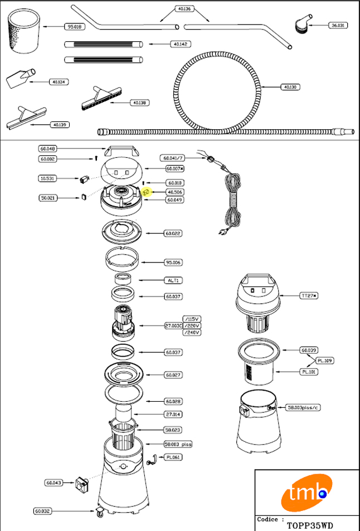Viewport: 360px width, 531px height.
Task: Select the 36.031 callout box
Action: [x=338, y=25]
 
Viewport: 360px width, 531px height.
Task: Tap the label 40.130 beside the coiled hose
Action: [x=290, y=87]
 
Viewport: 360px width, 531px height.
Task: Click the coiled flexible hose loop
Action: [x=218, y=89]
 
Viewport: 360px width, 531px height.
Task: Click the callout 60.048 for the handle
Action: [x=48, y=149]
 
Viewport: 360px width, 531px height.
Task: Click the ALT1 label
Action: [x=172, y=280]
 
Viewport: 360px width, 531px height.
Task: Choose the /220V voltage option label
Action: [x=192, y=325]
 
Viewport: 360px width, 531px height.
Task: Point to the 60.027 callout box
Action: [x=173, y=375]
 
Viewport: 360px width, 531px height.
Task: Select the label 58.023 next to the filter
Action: [x=173, y=430]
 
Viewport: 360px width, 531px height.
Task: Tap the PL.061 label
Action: [x=173, y=457]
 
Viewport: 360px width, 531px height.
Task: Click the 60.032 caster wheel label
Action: [x=43, y=510]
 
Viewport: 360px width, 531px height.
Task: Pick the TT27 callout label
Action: [x=309, y=295]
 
